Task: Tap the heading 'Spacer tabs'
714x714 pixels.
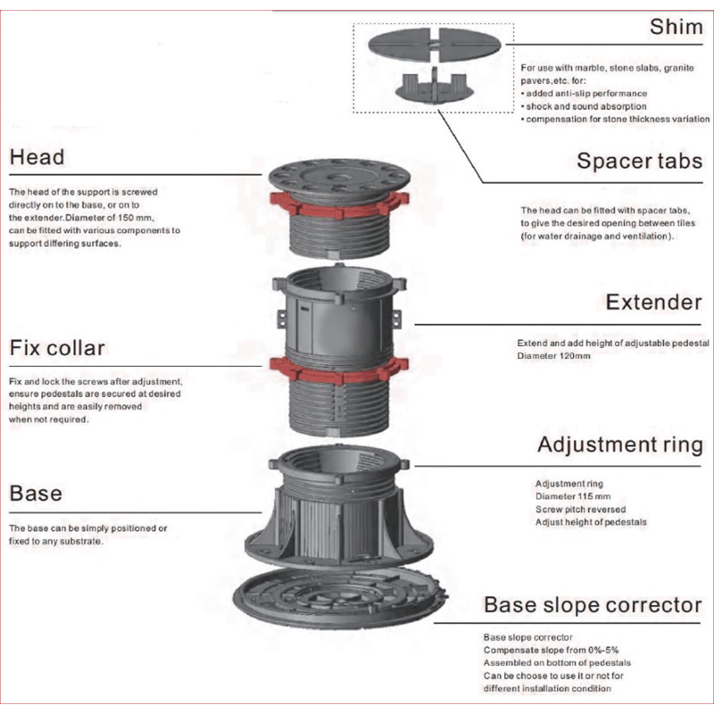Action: click(x=639, y=161)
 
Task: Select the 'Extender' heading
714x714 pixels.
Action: click(x=653, y=302)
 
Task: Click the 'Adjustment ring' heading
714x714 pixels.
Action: click(x=619, y=444)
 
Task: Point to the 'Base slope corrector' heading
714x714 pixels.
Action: click(x=593, y=605)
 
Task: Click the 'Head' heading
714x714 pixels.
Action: click(x=37, y=157)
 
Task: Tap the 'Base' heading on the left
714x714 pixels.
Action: click(x=36, y=492)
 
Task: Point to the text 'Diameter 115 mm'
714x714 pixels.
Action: click(x=572, y=497)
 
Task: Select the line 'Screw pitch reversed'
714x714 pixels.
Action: click(x=580, y=510)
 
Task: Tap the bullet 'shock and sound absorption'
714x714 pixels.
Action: click(x=580, y=106)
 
